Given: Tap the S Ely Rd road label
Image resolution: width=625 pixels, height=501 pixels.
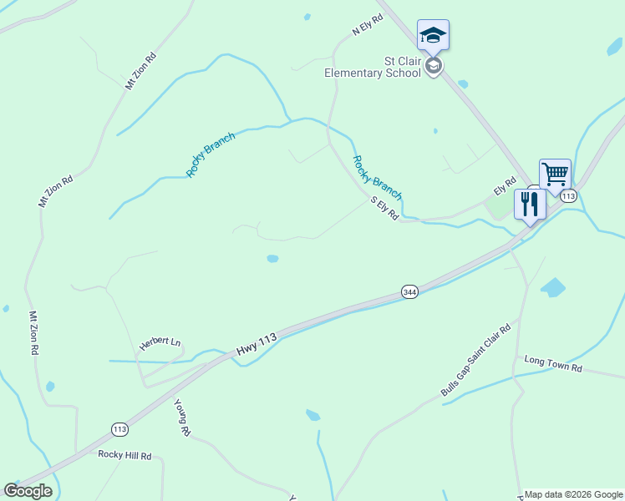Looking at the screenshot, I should point(384,208).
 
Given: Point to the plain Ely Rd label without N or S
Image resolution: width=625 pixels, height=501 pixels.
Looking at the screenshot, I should point(506,185).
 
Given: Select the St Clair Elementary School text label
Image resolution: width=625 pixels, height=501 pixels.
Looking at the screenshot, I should point(373,66).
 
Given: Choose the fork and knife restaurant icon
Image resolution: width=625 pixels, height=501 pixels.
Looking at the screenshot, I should point(530,204).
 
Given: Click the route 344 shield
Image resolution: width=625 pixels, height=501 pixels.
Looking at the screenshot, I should point(409,292).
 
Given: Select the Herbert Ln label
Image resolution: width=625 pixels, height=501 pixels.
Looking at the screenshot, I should point(160,343).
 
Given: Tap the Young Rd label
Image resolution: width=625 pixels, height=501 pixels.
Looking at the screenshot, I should point(182,417).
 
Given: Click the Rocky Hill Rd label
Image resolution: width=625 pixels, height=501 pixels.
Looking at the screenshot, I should point(124,455).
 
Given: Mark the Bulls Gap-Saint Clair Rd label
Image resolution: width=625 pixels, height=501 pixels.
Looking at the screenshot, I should point(475,362).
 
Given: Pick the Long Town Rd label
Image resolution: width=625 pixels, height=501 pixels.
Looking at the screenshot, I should point(552,364).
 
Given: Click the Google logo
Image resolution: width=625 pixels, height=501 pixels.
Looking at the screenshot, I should point(28,491).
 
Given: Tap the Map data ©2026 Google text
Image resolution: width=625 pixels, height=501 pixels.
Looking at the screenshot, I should point(573,494).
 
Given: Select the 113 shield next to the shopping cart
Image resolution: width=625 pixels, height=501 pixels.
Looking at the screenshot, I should point(568,196).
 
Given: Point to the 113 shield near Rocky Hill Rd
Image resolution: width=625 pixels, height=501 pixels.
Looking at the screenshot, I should point(119,429).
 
